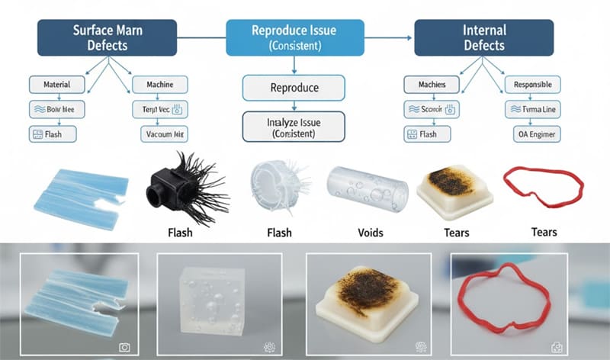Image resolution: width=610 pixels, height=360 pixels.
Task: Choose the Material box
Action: click(x=57, y=84)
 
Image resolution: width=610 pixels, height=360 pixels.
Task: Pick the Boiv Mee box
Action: click(x=57, y=109)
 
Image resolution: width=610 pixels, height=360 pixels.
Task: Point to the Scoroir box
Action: click(x=432, y=109)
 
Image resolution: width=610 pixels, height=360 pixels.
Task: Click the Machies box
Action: click(x=432, y=84)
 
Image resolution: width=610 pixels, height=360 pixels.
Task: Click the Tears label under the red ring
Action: click(x=544, y=232)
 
